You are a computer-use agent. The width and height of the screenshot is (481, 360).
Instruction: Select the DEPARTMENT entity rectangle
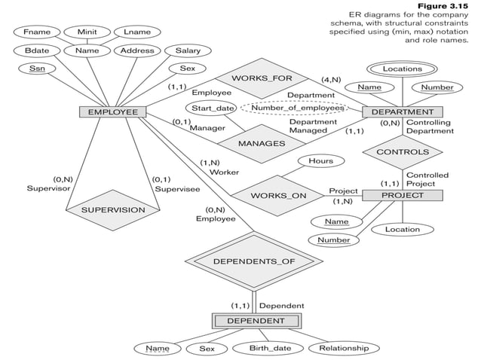[408, 112]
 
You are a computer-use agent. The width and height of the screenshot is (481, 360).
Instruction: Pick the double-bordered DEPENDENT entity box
[256, 321]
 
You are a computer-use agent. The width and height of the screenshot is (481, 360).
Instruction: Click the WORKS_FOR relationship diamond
[262, 78]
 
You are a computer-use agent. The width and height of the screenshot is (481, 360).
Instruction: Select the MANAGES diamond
[261, 143]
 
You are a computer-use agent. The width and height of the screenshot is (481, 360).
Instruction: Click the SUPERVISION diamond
[113, 209]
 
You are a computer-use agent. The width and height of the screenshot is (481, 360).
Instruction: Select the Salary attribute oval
[188, 51]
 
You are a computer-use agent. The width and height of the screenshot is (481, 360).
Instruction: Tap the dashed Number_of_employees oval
[296, 108]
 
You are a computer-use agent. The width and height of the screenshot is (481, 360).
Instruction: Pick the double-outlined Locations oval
[402, 69]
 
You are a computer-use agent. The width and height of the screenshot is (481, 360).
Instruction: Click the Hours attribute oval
[320, 161]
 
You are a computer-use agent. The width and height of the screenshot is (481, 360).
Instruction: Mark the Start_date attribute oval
[213, 108]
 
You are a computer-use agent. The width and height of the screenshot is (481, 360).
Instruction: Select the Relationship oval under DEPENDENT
[343, 348]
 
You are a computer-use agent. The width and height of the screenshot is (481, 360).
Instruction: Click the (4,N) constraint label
[330, 79]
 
